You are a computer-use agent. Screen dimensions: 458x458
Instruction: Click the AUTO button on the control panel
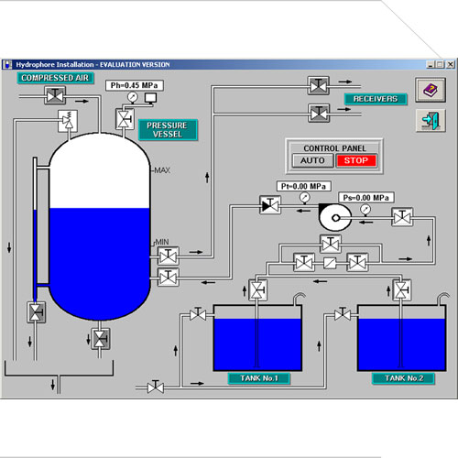coord(312,160)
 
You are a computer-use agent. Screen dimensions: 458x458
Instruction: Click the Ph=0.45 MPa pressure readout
coord(135,85)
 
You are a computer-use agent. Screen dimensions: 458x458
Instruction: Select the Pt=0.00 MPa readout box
coord(304,186)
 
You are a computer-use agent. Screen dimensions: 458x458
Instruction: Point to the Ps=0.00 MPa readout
coord(366,198)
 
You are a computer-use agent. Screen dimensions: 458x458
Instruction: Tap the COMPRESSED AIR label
coord(55,78)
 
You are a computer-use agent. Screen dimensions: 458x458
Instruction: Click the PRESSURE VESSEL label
coord(168,130)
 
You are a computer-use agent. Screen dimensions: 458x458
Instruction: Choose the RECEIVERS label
coord(376,99)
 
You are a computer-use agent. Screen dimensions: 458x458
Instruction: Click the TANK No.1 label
coord(259,378)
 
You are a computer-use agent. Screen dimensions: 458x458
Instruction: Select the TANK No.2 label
coord(404,378)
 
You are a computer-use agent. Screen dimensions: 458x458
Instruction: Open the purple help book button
coord(431,90)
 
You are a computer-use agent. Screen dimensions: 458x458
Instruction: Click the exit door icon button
coord(431,121)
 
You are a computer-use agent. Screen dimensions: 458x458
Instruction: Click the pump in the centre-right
coord(335,217)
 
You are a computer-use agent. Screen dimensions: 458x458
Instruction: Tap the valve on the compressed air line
coord(55,96)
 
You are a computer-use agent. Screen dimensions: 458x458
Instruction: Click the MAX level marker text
coord(162,170)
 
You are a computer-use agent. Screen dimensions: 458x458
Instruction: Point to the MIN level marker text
coord(162,242)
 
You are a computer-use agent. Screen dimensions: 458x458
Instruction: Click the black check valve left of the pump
coord(270,205)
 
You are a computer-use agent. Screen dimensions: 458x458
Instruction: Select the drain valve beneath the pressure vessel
coord(100,339)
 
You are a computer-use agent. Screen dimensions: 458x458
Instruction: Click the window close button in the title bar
coord(450,64)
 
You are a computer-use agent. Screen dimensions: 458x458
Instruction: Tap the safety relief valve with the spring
coord(68,121)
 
